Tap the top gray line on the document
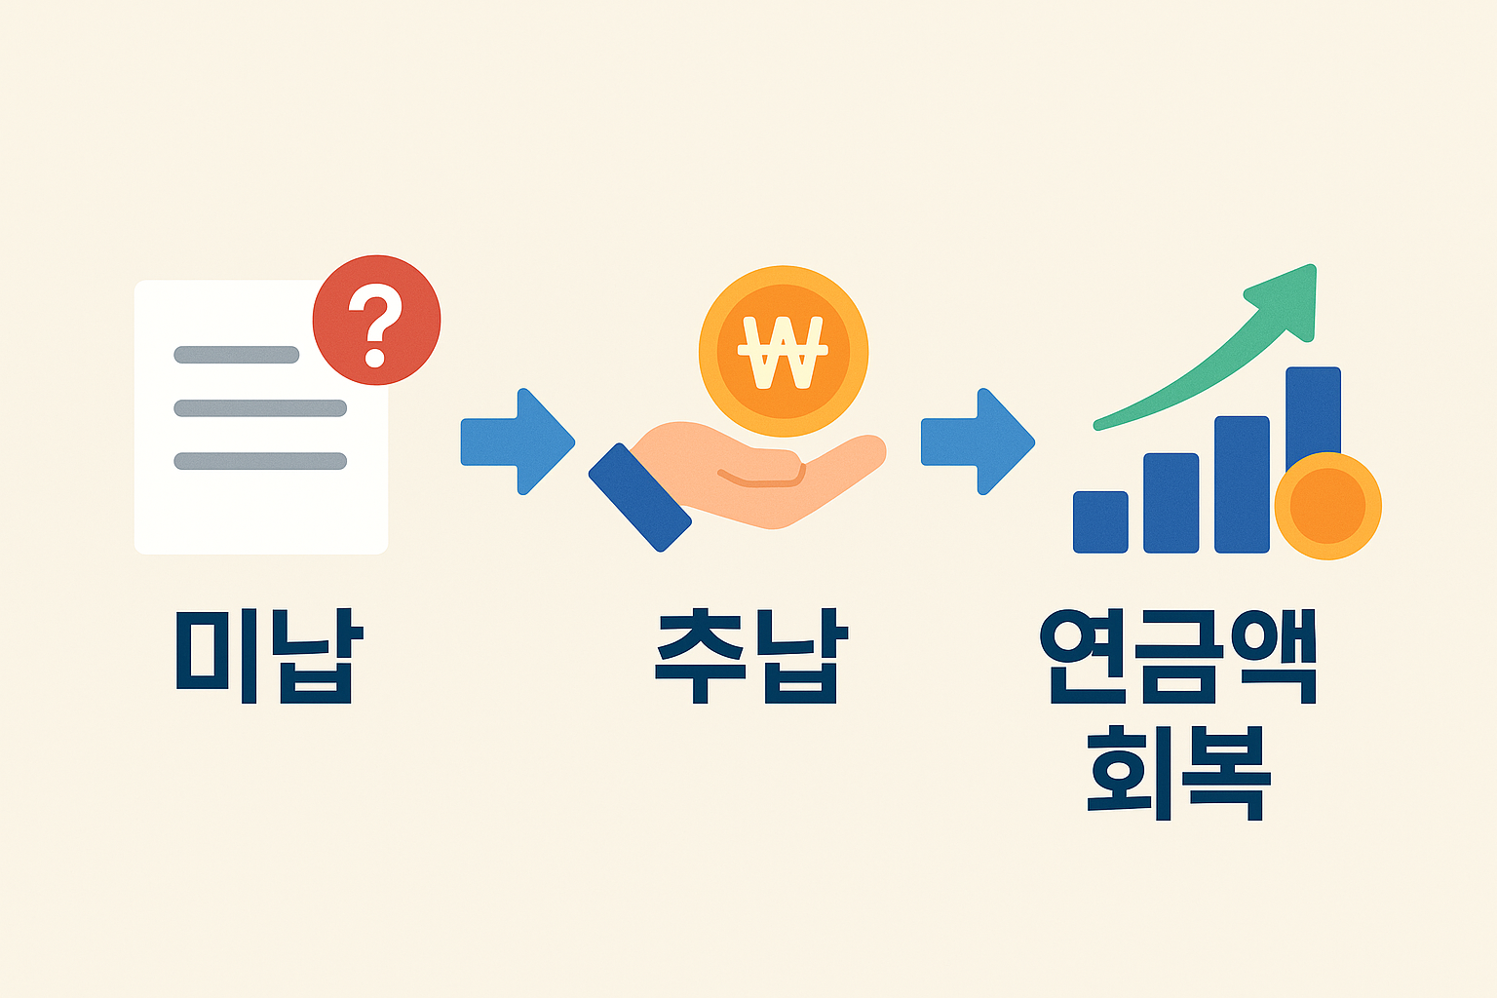[236, 355]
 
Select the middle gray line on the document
[260, 408]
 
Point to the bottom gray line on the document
[260, 461]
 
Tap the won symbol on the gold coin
[783, 351]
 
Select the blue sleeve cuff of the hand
[639, 497]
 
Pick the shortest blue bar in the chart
[1100, 522]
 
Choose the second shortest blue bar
[1171, 503]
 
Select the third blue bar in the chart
[1242, 484]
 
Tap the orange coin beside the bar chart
[1327, 506]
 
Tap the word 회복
[1178, 771]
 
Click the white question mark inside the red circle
[377, 324]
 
